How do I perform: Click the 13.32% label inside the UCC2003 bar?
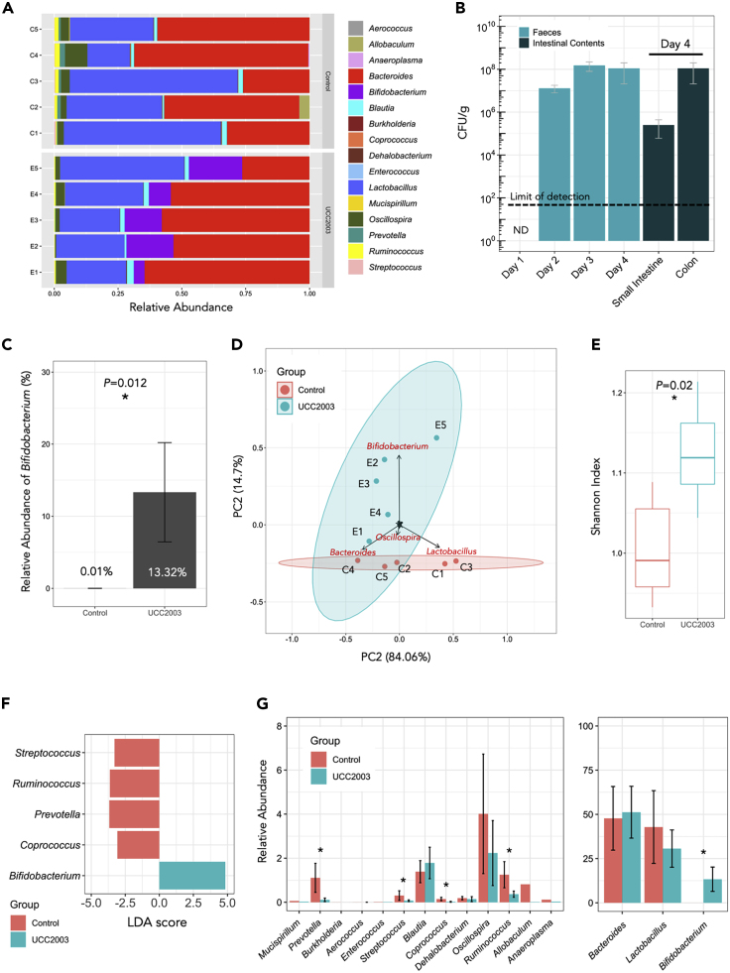(x=166, y=572)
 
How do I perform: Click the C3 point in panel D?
(x=456, y=561)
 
